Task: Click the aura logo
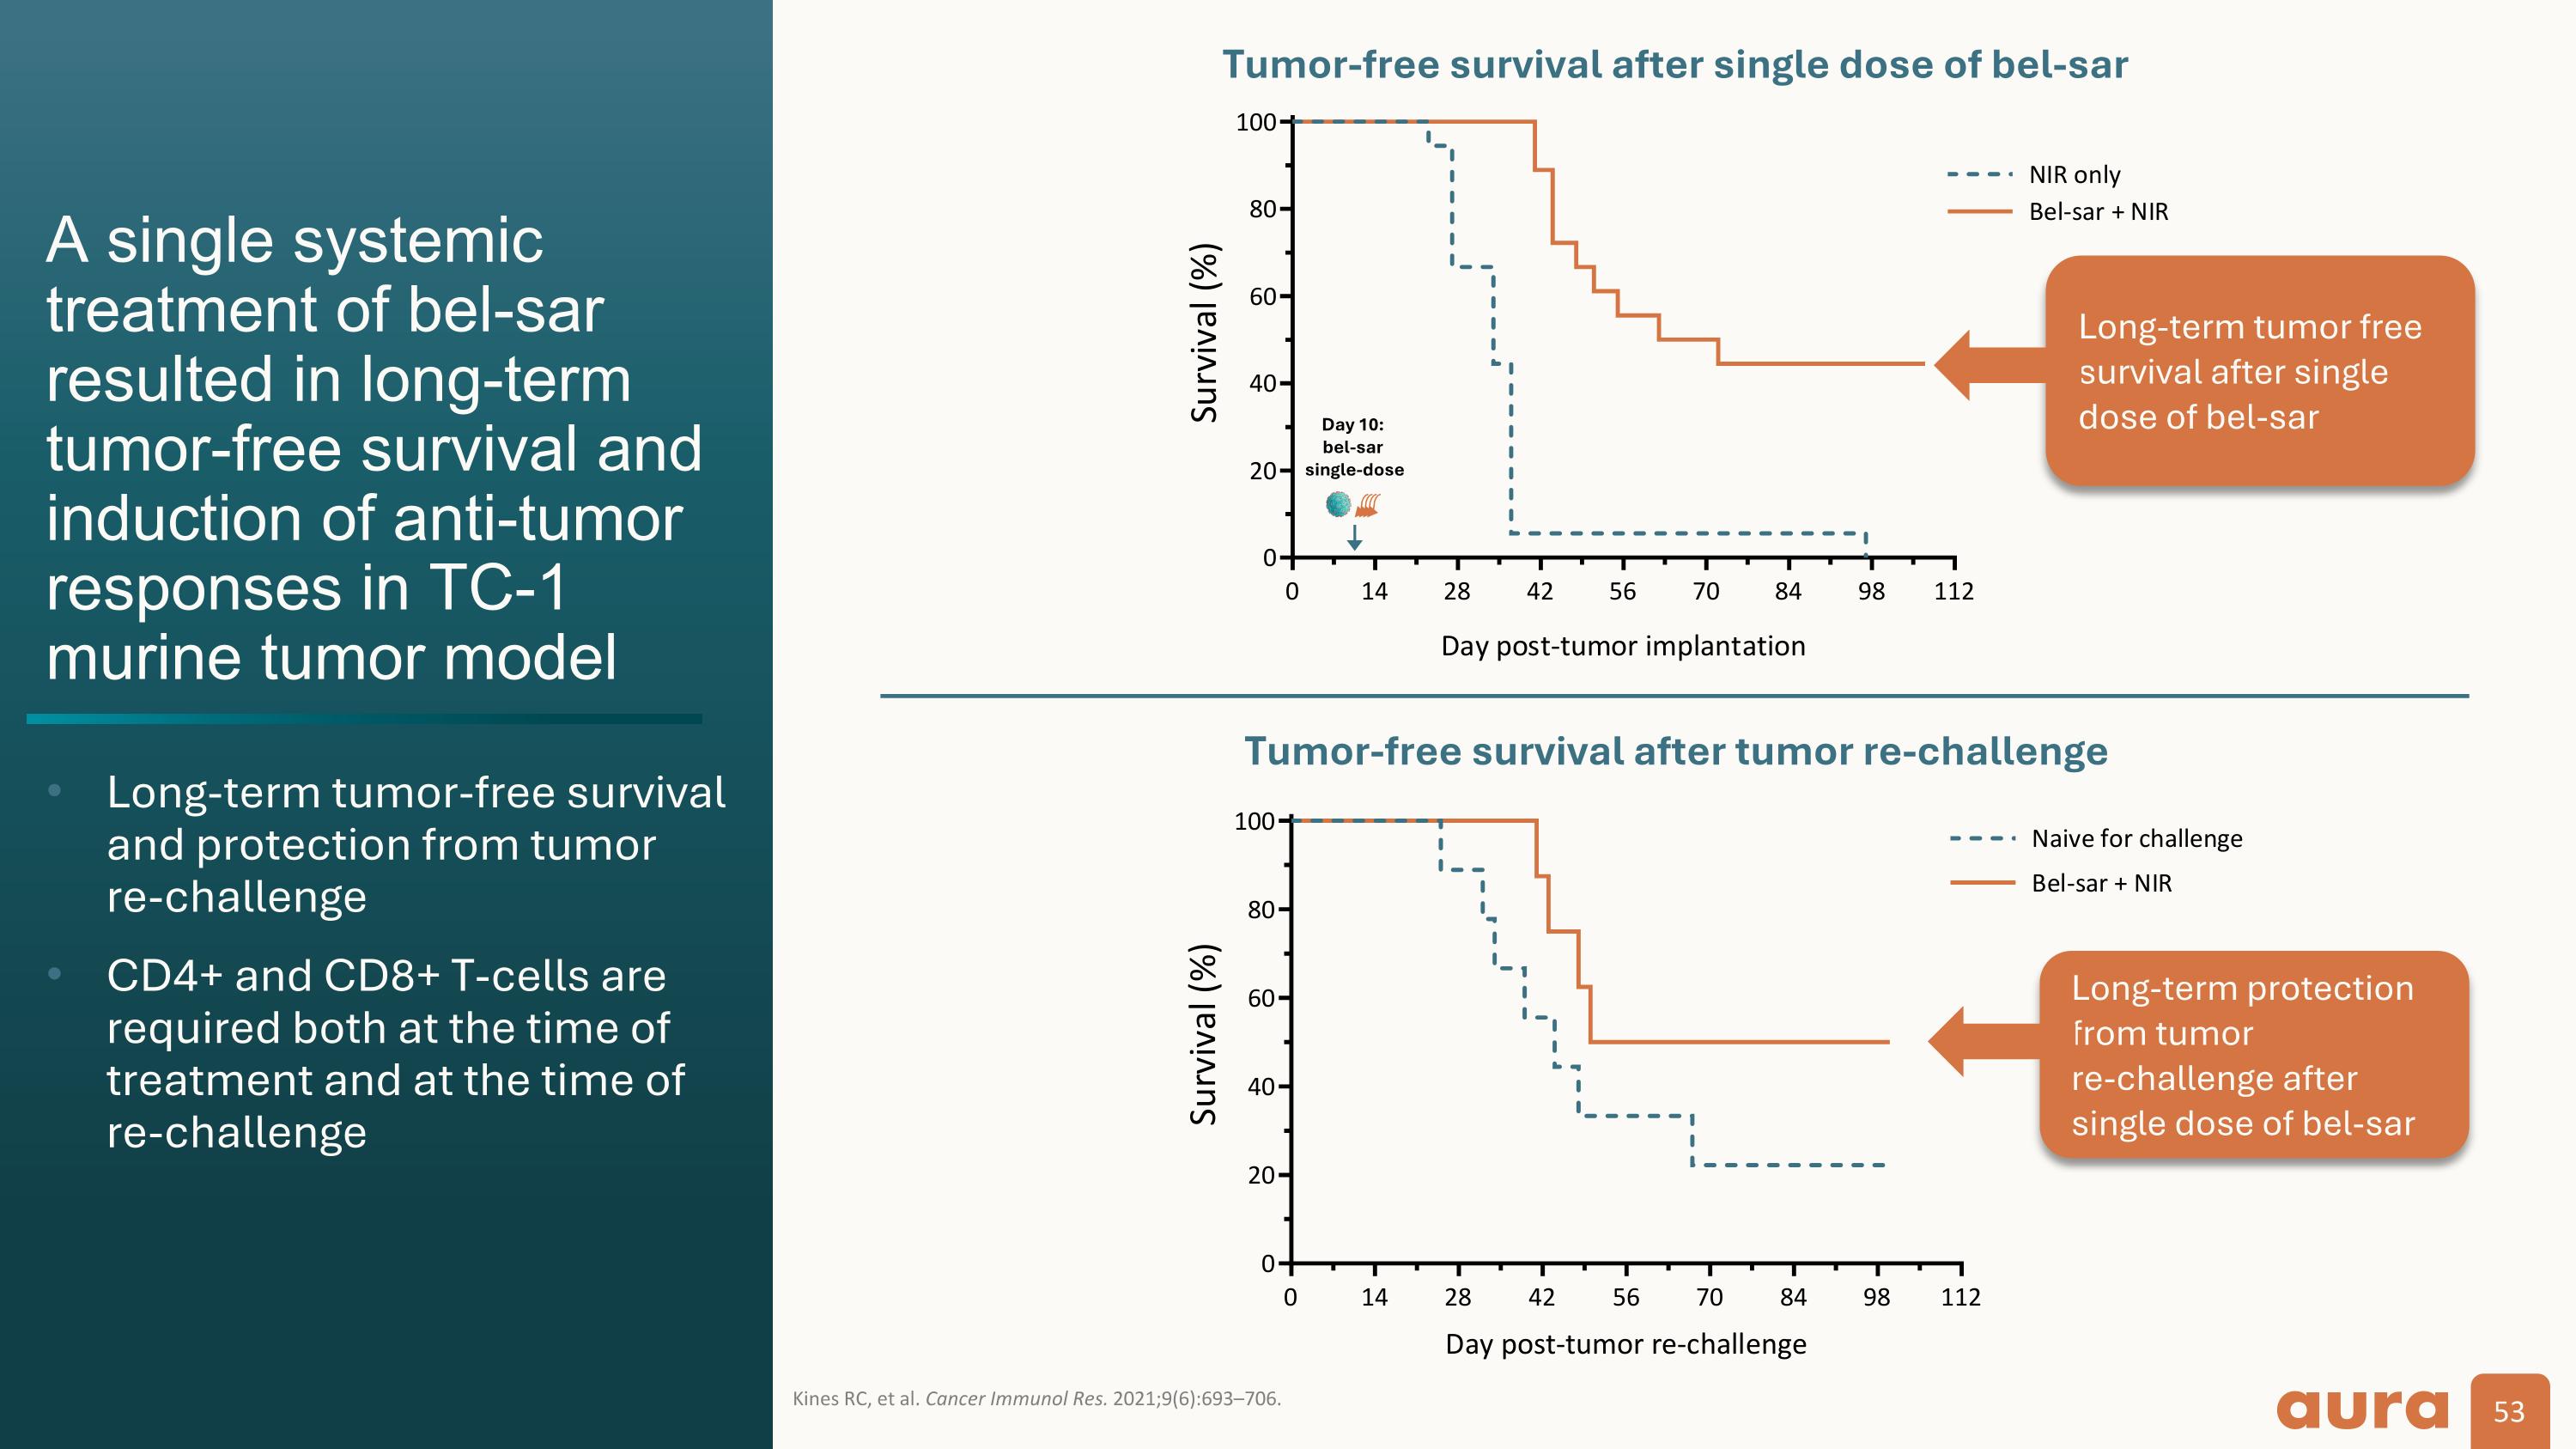click(2362, 1410)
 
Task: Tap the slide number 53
click(2509, 1411)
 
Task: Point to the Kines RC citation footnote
click(1036, 1398)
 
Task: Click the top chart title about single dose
click(1674, 65)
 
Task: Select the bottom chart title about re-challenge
click(1675, 751)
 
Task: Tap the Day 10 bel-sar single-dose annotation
click(1353, 447)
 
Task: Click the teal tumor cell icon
click(1338, 505)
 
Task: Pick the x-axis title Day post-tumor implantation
click(1622, 646)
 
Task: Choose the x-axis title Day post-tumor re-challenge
click(1625, 1344)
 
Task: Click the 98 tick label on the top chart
click(1871, 591)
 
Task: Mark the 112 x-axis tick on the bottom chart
click(1960, 1297)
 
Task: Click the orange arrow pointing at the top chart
click(1988, 365)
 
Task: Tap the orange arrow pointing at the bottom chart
click(1982, 1042)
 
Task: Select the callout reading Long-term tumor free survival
click(2258, 371)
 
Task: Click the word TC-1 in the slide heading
click(496, 587)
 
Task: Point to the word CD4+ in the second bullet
click(164, 976)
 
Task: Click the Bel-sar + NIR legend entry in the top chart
click(2098, 212)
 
